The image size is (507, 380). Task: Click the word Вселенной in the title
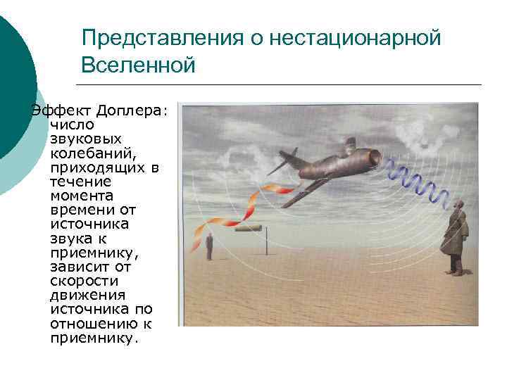click(137, 65)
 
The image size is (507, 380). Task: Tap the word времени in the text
click(79, 210)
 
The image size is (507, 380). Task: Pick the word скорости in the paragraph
click(80, 281)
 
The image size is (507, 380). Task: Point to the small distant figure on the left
click(209, 247)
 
